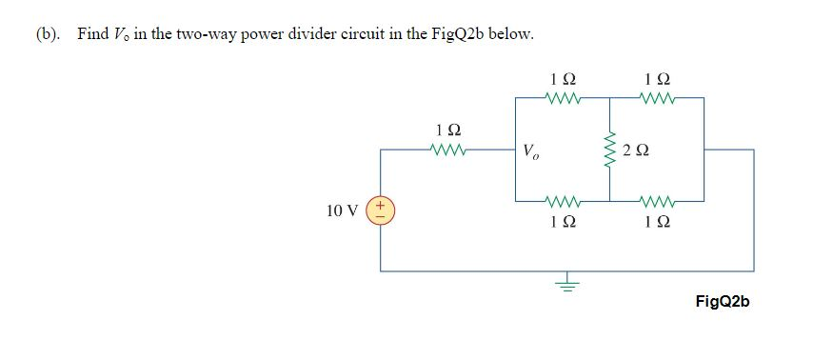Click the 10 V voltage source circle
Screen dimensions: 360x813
[383, 210]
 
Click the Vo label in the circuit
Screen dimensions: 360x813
[530, 151]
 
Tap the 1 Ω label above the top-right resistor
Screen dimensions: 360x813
[658, 76]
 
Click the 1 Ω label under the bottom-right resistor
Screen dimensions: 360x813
[658, 223]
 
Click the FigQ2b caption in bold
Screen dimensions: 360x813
[723, 301]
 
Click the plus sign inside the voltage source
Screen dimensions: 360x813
[383, 205]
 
